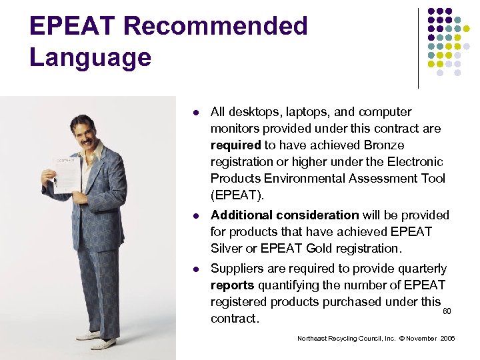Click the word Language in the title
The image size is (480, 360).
click(x=91, y=57)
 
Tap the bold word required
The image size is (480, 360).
click(x=235, y=145)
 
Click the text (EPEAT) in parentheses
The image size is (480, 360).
click(x=237, y=195)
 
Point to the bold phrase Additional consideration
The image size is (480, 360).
click(x=285, y=215)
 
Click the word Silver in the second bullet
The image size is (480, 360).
click(x=227, y=249)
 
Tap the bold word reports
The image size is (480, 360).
click(x=232, y=285)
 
